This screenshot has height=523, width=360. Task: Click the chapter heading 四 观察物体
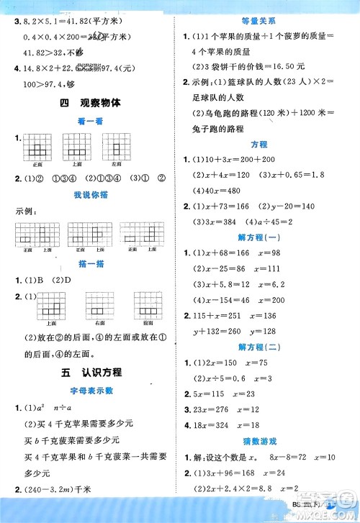[91, 103]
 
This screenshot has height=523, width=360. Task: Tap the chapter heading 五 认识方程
[91, 372]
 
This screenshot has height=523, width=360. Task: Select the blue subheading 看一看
[91, 122]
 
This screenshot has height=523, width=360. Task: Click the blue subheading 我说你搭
[91, 194]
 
